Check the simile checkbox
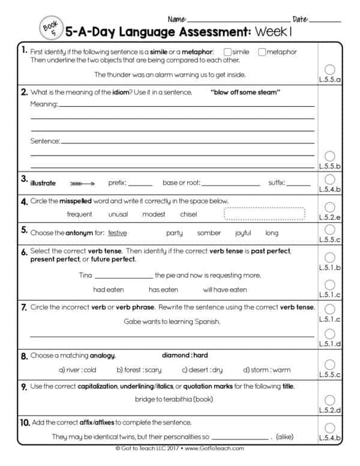tap(227, 52)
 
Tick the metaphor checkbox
tap(262, 52)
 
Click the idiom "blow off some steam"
tap(245, 92)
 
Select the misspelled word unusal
tap(118, 214)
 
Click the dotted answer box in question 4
tap(264, 214)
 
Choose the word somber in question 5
tap(209, 233)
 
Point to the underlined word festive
tap(118, 233)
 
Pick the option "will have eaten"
tap(224, 289)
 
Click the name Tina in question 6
tap(86, 276)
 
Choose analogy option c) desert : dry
tap(202, 370)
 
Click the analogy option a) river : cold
tap(77, 370)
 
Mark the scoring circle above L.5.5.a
tap(329, 69)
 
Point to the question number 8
tap(24, 356)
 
